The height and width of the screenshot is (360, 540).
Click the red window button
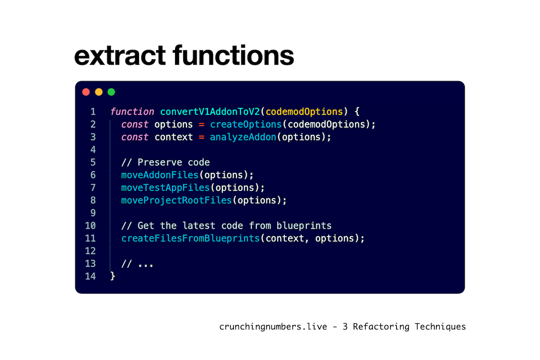[x=86, y=92]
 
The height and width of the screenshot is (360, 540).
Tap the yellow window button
[x=99, y=92]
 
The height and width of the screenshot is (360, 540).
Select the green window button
[x=112, y=92]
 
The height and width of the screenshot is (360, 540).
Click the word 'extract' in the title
[x=120, y=56]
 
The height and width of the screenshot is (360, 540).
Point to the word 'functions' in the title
[x=234, y=55]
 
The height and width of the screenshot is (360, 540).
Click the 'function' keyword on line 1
[x=132, y=112]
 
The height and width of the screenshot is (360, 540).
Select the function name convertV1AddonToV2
[x=210, y=112]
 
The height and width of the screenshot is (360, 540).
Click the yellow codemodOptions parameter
[x=304, y=112]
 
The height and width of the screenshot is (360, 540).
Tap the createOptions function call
[x=246, y=124]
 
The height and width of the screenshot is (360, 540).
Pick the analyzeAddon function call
[x=243, y=137]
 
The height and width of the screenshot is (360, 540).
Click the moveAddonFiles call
[x=160, y=175]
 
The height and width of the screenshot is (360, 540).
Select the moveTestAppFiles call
[x=166, y=188]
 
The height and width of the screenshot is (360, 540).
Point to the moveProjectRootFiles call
[x=176, y=200]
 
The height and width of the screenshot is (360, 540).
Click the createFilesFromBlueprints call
[x=190, y=238]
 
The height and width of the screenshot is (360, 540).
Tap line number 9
[x=93, y=213]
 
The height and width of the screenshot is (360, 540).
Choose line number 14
[x=90, y=276]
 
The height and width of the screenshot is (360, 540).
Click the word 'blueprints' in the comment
[x=304, y=226]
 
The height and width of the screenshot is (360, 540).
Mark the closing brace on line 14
[x=112, y=276]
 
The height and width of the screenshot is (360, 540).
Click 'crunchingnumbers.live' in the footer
[x=273, y=327]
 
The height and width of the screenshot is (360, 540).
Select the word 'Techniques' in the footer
[x=440, y=327]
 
